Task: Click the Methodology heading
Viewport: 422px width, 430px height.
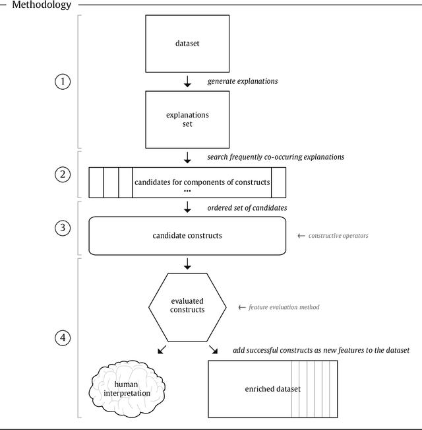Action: pos(42,6)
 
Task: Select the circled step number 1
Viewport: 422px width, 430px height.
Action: pos(63,82)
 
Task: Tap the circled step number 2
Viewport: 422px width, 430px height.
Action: pos(63,175)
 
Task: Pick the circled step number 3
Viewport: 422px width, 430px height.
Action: pos(63,228)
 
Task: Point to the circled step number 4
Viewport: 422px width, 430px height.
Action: pos(63,338)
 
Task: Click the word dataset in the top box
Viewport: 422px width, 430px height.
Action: pos(187,45)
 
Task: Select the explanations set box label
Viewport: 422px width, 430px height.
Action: pos(187,120)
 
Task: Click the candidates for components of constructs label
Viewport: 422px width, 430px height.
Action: pos(202,182)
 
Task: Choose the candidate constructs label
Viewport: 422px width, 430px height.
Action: pos(187,235)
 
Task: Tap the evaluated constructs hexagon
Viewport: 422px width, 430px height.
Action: pos(187,305)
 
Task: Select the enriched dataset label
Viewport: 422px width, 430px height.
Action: pos(272,389)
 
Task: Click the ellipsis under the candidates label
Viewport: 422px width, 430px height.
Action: pos(187,191)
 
